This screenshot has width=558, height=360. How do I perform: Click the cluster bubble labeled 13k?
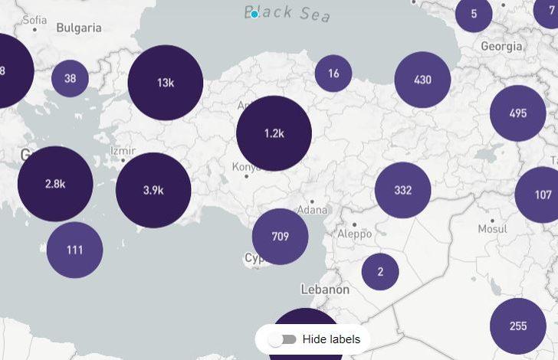point(166,83)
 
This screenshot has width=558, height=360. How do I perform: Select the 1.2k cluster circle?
point(274,133)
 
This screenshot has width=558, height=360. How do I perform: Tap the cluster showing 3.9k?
point(153,190)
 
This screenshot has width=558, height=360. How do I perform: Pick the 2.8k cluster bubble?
point(55,184)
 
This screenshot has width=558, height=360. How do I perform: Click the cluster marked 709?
point(280,237)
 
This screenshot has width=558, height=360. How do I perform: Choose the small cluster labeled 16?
point(333,74)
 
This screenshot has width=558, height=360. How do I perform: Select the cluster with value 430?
point(422,80)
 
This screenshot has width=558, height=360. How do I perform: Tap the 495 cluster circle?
point(518,113)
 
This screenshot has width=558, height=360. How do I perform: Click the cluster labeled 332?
point(403,190)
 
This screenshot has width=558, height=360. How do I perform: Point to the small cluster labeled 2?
point(380,271)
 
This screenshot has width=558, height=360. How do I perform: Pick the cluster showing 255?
point(518,326)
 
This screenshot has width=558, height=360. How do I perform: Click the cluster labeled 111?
point(74,250)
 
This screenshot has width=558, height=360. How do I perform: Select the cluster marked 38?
point(70,78)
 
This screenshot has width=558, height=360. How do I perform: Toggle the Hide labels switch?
point(288,339)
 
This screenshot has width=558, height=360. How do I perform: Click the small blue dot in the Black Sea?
point(254,14)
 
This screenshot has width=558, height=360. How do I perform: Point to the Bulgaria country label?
point(79,28)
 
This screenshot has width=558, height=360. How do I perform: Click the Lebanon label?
point(325,290)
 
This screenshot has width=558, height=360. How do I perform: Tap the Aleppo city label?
point(354,234)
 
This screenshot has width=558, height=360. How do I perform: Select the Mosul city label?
point(492,229)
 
